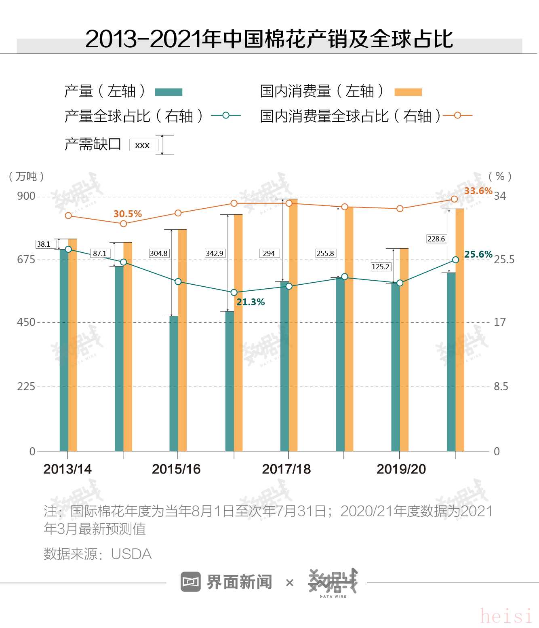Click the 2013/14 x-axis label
click(x=67, y=469)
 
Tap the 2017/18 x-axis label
click(x=286, y=469)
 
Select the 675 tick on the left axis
click(x=26, y=259)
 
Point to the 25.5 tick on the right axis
click(x=504, y=259)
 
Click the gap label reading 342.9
click(x=214, y=253)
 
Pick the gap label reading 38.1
click(x=44, y=244)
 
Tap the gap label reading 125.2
click(x=380, y=266)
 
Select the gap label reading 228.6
click(x=436, y=239)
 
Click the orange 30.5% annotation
click(x=128, y=214)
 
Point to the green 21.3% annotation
click(x=251, y=302)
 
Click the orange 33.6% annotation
click(x=478, y=191)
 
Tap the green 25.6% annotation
click(x=478, y=254)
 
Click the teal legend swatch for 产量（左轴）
click(x=169, y=92)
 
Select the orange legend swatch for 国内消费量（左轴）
click(x=408, y=92)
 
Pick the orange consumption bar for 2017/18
click(x=293, y=324)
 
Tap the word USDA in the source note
click(x=131, y=554)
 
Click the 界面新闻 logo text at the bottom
click(x=239, y=582)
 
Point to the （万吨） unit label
click(x=26, y=176)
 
